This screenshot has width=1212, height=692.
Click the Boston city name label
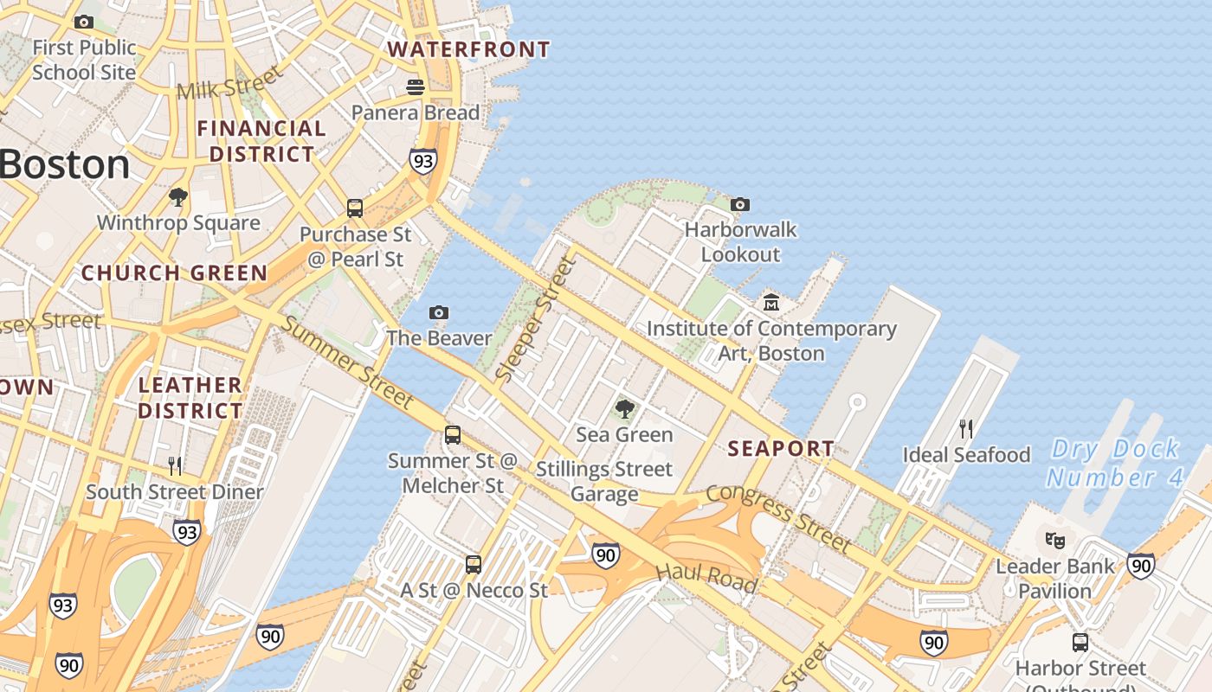click(x=65, y=164)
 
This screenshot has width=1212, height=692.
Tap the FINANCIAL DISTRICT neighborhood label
click(x=261, y=141)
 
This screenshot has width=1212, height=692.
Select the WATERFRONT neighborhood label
click(x=468, y=49)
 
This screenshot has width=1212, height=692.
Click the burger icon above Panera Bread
click(x=416, y=86)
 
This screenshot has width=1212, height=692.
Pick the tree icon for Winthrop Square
click(x=178, y=197)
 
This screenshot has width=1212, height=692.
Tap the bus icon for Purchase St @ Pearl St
click(x=355, y=208)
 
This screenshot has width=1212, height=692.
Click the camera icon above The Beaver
click(x=439, y=312)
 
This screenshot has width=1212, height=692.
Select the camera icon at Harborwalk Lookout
click(x=740, y=205)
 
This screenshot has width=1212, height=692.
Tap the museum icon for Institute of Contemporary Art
click(x=771, y=303)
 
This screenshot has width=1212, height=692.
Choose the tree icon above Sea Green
click(x=624, y=409)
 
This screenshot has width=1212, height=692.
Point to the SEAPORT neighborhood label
click(x=781, y=448)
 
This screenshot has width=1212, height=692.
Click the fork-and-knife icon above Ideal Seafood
click(x=966, y=428)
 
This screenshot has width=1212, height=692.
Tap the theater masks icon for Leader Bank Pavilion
click(x=1054, y=541)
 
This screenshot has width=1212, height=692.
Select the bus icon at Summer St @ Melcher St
click(x=453, y=435)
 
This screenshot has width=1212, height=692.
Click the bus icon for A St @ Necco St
click(x=474, y=565)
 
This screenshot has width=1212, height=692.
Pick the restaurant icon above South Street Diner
click(x=175, y=466)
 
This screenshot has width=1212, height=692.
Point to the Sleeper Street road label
click(x=534, y=320)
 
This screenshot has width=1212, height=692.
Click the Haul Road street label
click(x=706, y=577)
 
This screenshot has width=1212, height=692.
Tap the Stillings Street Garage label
click(x=604, y=482)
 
